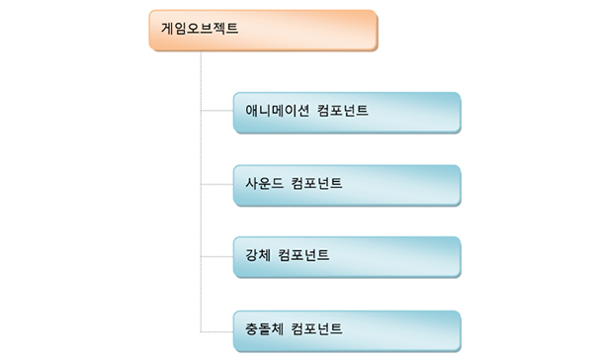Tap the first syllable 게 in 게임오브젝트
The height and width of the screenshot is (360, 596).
tap(167, 28)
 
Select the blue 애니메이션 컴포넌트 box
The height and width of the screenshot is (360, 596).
tap(347, 112)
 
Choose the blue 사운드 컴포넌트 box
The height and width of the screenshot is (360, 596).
tap(347, 184)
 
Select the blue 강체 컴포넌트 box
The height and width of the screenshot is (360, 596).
tap(347, 256)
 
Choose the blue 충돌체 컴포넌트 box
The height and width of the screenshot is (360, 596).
tap(347, 328)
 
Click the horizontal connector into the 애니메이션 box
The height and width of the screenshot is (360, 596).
tap(216, 112)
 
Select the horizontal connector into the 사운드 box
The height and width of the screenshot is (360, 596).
tap(216, 184)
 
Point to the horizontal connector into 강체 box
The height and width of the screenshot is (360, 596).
tap(216, 256)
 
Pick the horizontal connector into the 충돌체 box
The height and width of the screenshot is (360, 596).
tap(216, 328)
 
